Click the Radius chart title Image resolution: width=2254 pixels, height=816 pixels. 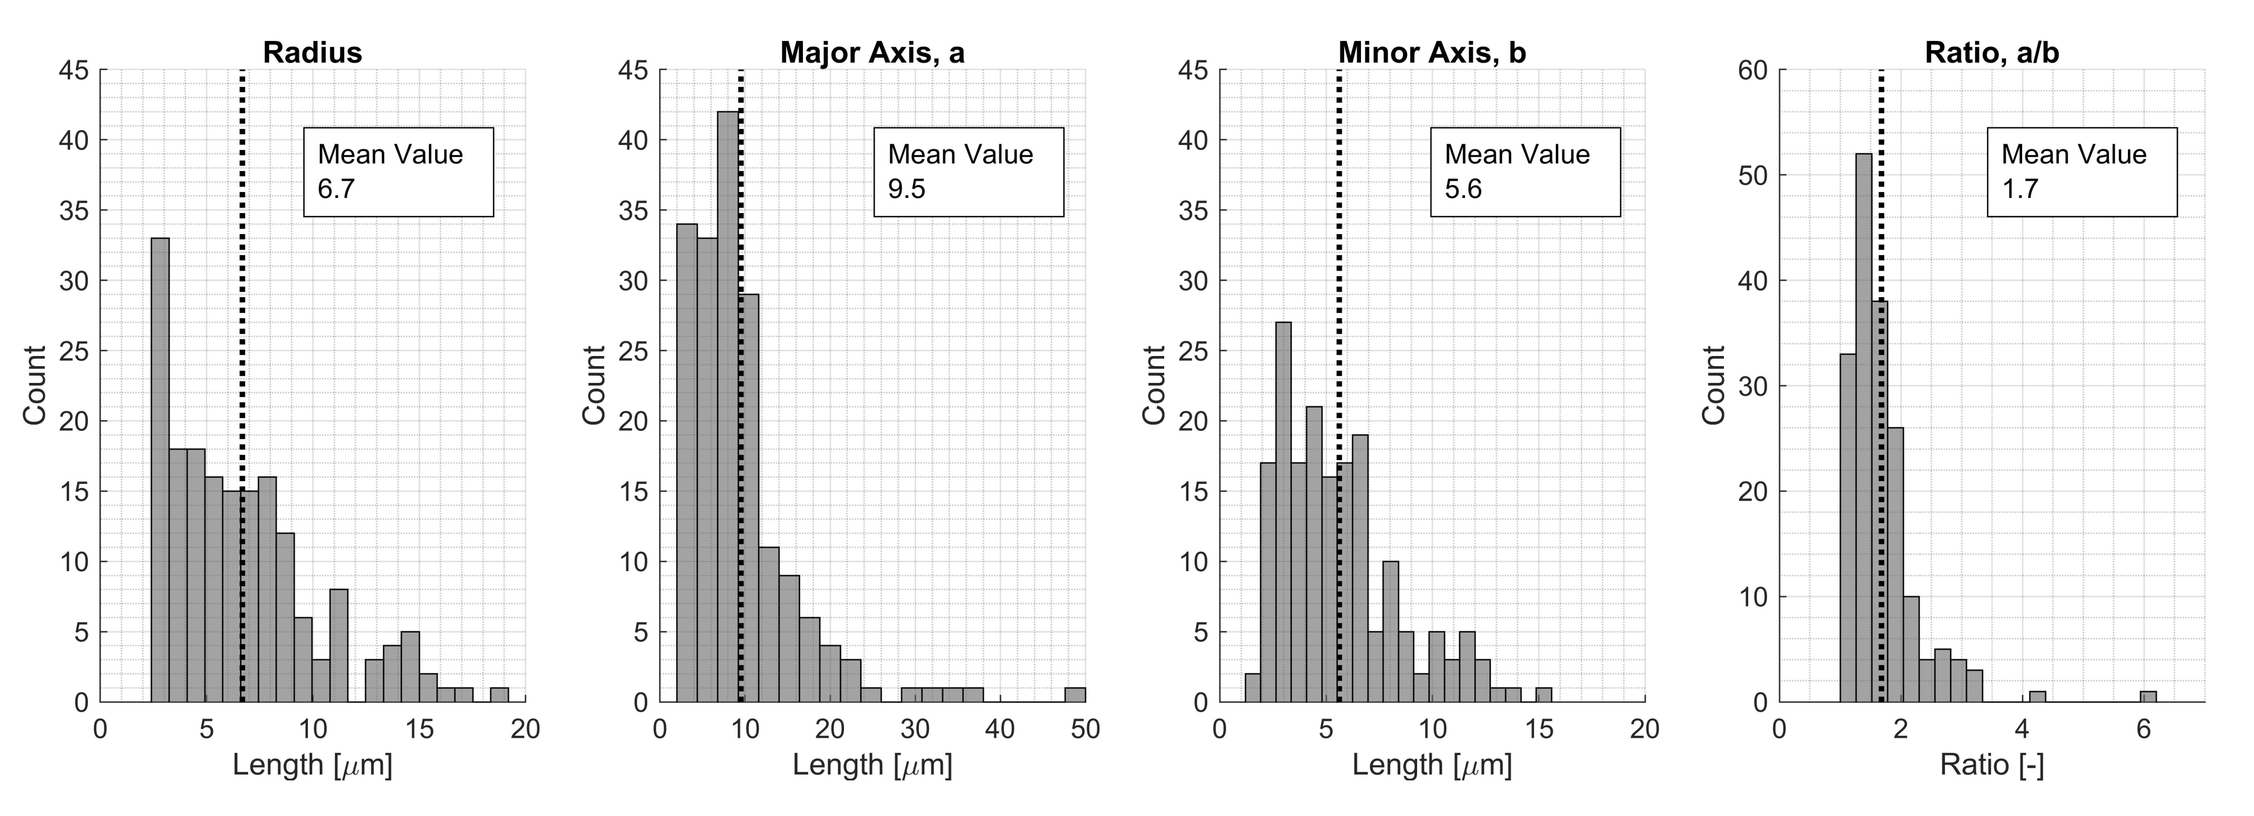pyautogui.click(x=312, y=52)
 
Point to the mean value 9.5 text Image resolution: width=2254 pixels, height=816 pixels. pyautogui.click(x=906, y=189)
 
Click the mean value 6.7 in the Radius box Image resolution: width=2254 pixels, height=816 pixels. pyautogui.click(x=336, y=189)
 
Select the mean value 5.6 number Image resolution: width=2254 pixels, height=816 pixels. pyautogui.click(x=1463, y=189)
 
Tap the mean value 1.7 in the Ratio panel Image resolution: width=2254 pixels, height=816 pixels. pyautogui.click(x=2021, y=189)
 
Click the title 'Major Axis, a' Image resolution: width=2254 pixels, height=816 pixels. pyautogui.click(x=872, y=52)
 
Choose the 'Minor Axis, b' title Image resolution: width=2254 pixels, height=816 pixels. pyautogui.click(x=1432, y=52)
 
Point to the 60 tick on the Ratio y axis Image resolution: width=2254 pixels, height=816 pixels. pyautogui.click(x=1753, y=70)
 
